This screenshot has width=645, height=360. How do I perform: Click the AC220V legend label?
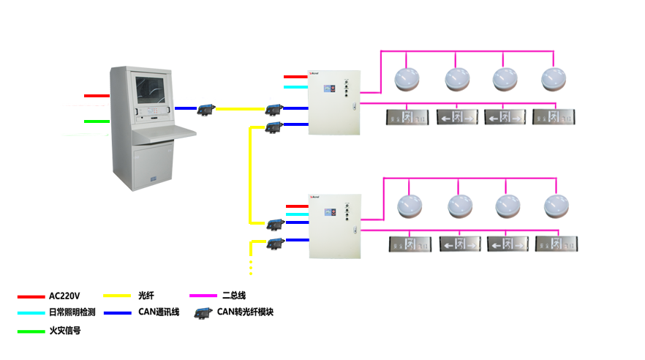click(64, 296)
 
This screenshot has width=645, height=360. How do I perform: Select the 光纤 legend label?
click(146, 296)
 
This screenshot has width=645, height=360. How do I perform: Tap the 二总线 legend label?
click(233, 296)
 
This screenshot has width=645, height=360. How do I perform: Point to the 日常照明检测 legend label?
click(72, 312)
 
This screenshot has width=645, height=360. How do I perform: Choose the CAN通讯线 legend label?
click(159, 312)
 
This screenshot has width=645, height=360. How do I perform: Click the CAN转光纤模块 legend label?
click(245, 312)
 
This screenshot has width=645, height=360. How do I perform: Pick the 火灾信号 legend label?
click(64, 331)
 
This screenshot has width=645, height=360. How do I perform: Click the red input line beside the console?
click(97, 96)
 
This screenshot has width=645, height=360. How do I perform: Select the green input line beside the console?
click(97, 121)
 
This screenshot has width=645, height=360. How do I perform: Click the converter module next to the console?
click(205, 109)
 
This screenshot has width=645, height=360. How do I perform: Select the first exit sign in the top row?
click(408, 116)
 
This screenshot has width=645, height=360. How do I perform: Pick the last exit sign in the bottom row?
click(557, 244)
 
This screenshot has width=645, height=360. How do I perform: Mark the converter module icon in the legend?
click(203, 313)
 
